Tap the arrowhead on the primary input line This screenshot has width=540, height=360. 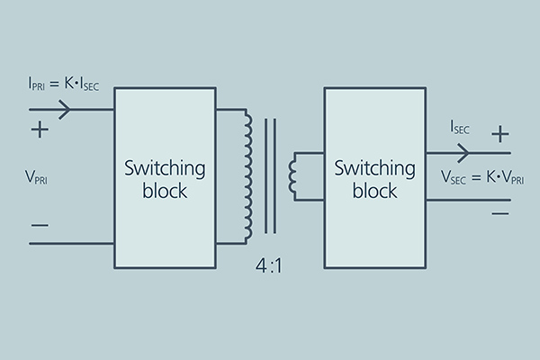64,110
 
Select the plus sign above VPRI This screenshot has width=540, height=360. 40,130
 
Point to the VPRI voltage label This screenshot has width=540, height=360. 38,177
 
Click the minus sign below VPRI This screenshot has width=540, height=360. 40,221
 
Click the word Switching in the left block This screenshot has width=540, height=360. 165,168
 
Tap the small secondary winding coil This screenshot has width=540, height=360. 292,175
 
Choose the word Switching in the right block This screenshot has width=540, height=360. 372,168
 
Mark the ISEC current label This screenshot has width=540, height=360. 460,129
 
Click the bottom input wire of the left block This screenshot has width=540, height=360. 71,243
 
